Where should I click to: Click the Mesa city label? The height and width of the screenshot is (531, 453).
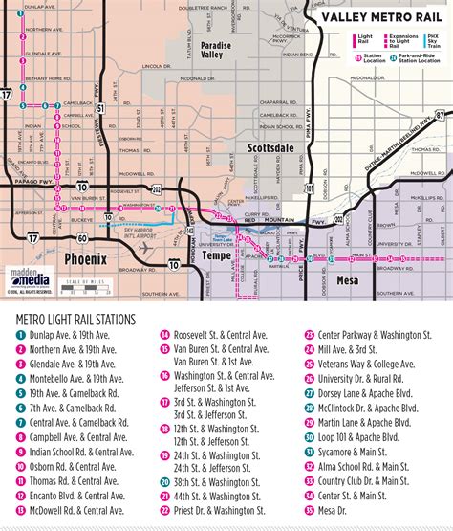tap(349, 280)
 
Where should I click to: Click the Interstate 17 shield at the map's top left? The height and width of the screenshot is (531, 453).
tap(9, 95)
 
